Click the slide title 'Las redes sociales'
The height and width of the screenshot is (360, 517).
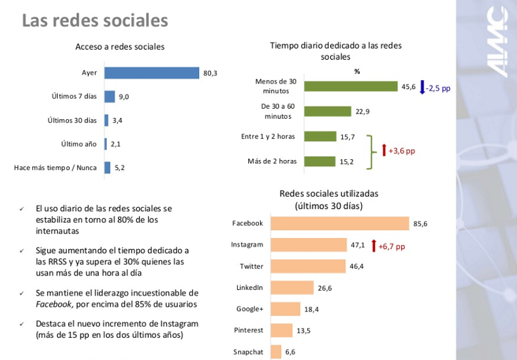point(95,21)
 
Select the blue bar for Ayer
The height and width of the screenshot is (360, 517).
point(151,73)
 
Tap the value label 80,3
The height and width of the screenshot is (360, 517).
point(210,73)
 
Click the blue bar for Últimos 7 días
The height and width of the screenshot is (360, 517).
point(109,96)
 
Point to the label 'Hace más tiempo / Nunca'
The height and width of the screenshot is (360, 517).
point(55,167)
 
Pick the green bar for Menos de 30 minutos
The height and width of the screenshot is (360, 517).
point(351,87)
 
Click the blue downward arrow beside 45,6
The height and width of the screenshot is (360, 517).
point(423,87)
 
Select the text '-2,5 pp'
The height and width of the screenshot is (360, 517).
point(439,87)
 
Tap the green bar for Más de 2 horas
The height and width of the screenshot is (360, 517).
point(320,161)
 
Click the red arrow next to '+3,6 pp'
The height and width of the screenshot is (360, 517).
point(384,150)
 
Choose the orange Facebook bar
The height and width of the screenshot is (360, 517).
point(339,224)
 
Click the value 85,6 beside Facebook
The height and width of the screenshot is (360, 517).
point(420,224)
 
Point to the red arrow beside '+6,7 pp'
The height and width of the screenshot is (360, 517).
point(373,246)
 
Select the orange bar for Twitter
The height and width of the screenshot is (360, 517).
point(308,266)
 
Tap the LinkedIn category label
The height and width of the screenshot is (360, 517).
point(249,287)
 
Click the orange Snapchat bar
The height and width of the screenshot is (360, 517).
point(275,352)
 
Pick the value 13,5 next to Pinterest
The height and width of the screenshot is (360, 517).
point(303,330)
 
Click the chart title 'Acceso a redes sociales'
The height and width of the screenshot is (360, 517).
point(120,47)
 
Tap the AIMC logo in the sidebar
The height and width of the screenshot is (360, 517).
point(496,43)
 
